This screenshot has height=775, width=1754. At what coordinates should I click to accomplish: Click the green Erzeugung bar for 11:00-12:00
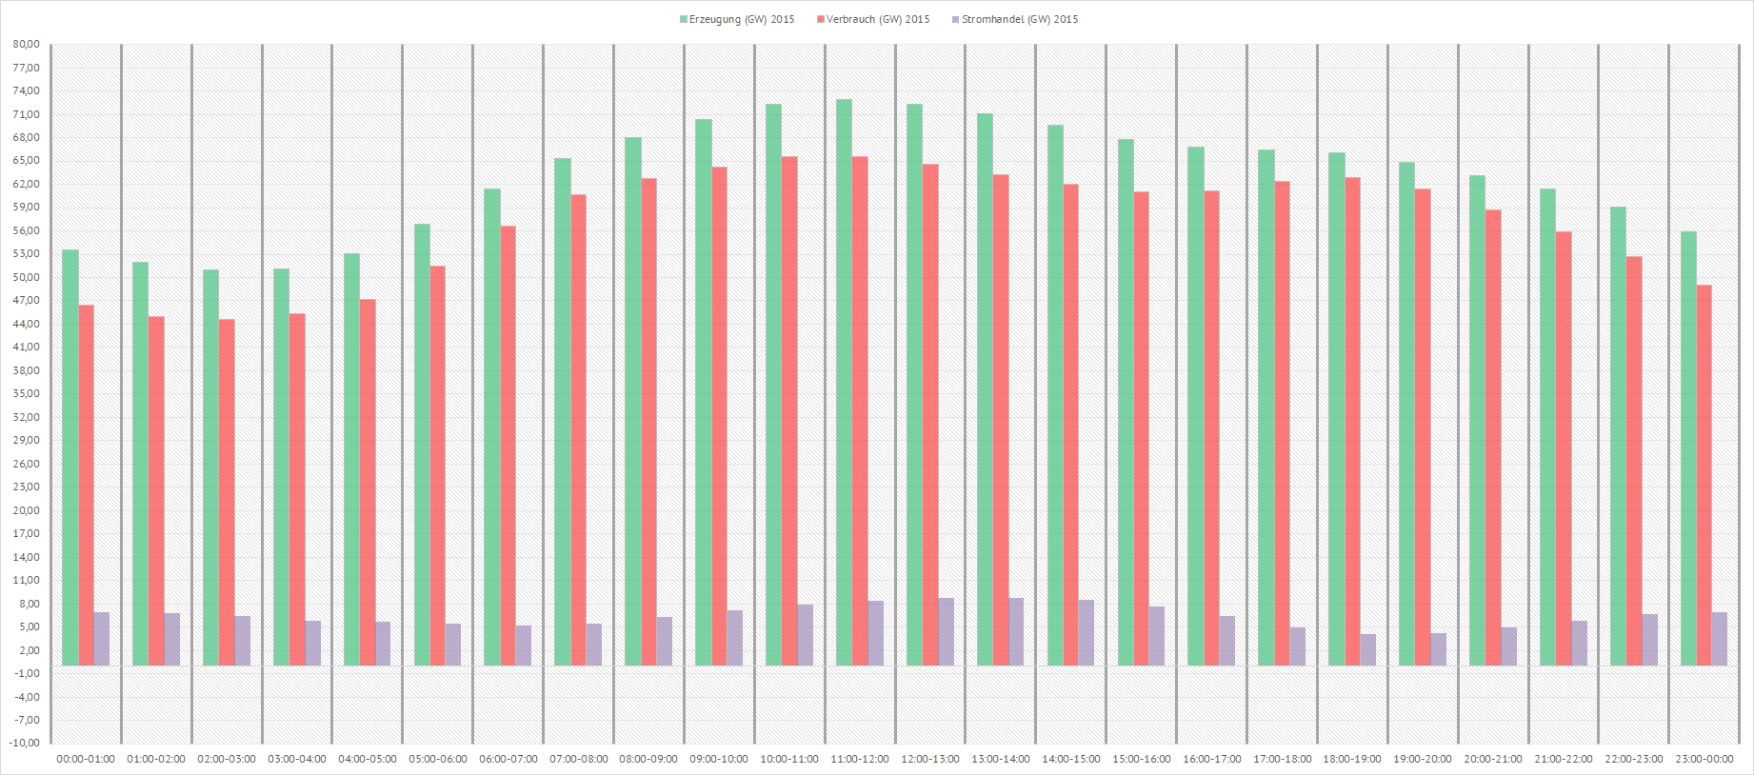(x=844, y=381)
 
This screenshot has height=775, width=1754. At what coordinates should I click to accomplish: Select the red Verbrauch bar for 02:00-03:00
(x=227, y=491)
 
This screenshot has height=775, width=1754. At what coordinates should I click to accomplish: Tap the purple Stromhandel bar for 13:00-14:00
(x=1016, y=631)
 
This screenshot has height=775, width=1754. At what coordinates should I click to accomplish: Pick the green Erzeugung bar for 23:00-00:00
(x=1688, y=447)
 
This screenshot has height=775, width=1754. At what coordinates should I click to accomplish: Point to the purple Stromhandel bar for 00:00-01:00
(x=102, y=638)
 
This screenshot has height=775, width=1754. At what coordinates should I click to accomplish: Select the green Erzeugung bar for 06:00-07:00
(x=492, y=427)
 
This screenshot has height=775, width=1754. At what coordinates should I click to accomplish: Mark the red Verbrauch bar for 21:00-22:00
(x=1564, y=447)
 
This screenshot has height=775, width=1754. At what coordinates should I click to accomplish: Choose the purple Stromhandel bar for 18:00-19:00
(x=1368, y=649)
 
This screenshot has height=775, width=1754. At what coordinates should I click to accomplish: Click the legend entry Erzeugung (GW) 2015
(x=737, y=19)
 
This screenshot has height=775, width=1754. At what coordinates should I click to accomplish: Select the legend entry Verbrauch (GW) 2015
(x=873, y=19)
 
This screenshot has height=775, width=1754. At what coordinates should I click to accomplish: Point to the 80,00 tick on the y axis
(x=27, y=44)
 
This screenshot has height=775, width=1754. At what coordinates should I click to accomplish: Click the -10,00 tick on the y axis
(x=27, y=743)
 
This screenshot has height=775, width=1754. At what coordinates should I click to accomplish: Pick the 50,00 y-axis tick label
(x=27, y=277)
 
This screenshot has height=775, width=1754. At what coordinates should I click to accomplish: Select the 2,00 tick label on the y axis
(x=27, y=650)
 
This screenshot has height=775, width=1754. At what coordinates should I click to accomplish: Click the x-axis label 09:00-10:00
(x=719, y=759)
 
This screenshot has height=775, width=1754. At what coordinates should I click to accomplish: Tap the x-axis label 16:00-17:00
(x=1212, y=759)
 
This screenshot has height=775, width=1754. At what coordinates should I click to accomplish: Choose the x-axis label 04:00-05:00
(x=368, y=759)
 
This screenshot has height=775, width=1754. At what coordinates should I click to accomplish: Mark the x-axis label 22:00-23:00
(x=1634, y=759)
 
